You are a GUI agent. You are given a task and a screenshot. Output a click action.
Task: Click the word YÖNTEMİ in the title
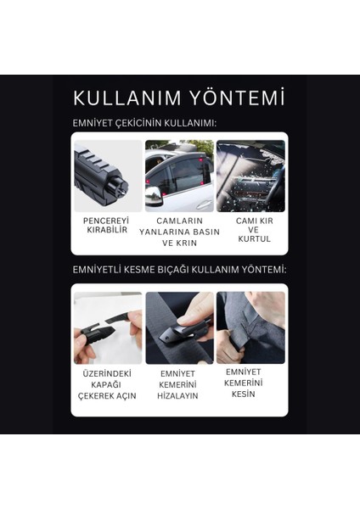239,98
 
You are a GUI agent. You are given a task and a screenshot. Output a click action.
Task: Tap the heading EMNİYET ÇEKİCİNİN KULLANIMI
144,123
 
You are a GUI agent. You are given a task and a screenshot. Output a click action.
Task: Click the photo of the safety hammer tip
108,176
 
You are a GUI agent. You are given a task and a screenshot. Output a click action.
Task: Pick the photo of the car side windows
179,176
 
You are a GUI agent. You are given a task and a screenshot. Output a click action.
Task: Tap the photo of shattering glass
250,176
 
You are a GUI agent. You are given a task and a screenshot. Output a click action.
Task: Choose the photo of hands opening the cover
108,328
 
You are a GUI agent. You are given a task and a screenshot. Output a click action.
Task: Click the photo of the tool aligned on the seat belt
179,328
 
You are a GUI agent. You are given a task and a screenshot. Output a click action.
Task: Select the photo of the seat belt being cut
250,328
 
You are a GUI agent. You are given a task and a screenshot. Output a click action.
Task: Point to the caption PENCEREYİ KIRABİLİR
105,225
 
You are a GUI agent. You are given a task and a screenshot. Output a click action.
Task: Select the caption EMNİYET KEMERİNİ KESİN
245,383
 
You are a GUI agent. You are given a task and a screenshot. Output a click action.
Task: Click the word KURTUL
254,239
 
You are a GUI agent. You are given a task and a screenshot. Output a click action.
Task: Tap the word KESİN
245,394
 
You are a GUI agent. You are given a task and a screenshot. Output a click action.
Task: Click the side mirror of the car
154,198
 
